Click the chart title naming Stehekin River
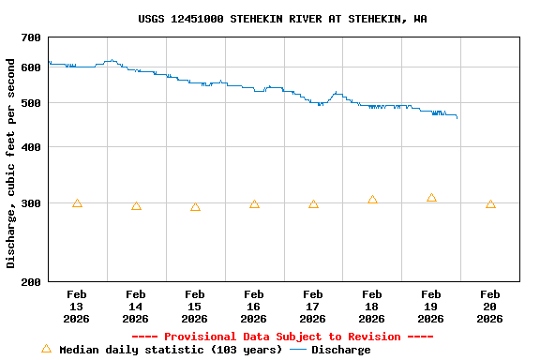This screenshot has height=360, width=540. coord(282,19)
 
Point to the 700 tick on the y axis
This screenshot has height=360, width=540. coord(31,37)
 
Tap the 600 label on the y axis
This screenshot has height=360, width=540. coord(31,67)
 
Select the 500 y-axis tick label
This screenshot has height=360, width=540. coord(31,102)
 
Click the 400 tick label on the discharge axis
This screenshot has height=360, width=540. coord(31,147)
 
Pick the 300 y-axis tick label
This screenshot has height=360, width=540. coord(31,203)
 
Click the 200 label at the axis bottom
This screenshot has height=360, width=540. coord(31,282)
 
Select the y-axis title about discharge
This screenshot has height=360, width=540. coord(11,163)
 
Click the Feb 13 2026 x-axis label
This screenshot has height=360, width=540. coord(77,306)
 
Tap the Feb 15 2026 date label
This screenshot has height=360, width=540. coord(195,306)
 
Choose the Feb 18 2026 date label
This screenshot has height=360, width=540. coord(372,306)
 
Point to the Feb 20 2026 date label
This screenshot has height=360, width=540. coord(490,306)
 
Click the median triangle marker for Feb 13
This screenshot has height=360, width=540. coord(77,203)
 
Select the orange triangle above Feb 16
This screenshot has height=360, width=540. coord(254,204)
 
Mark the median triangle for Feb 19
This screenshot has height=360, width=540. coord(431,198)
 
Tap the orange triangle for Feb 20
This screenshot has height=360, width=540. coord(490,204)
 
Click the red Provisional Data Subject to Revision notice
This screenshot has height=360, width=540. coord(282,337)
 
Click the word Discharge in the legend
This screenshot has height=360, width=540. coord(341,350)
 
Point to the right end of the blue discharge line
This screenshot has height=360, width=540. coord(457,118)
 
